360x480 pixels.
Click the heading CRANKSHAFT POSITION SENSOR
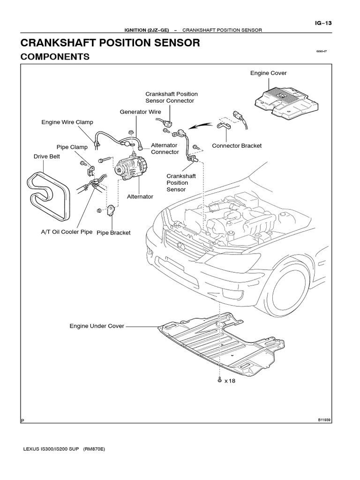(110, 43)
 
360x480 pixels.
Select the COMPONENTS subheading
(55, 57)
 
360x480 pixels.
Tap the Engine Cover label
(268, 73)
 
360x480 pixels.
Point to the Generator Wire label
(140, 112)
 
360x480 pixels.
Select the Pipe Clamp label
(72, 147)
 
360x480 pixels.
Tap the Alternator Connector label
(165, 149)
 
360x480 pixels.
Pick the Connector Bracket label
(237, 146)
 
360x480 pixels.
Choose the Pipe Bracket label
(113, 232)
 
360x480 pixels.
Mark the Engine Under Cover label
(97, 326)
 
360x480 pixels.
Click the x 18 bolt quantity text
(229, 381)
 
